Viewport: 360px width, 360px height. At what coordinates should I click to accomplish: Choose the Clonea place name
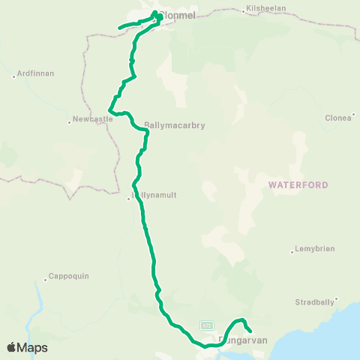(338, 117)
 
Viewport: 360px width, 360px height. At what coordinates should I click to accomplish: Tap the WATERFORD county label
(294, 183)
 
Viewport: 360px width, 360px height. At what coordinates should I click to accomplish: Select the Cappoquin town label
(68, 276)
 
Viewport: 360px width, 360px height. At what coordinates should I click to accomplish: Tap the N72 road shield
(207, 325)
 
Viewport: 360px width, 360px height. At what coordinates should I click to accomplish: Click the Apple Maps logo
(27, 347)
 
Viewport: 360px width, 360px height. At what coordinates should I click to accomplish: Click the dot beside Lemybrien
(292, 251)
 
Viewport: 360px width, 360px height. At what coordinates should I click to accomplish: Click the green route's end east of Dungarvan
(249, 331)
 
